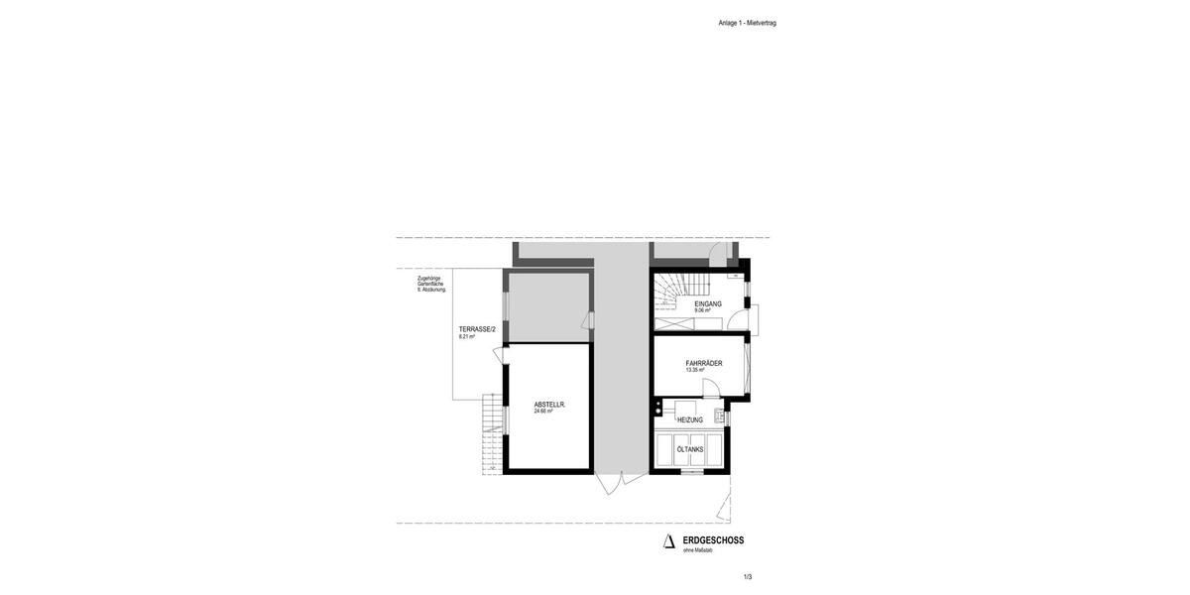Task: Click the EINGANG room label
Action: (x=708, y=303)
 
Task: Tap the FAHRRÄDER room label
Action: (x=703, y=363)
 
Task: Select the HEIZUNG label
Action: (x=690, y=419)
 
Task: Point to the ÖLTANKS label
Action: (x=690, y=449)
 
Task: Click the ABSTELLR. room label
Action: (x=549, y=404)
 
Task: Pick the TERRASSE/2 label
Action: (x=477, y=329)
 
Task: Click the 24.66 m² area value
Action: (x=543, y=411)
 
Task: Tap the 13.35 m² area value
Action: (x=695, y=370)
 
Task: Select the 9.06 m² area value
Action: (x=702, y=310)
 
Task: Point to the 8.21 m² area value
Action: (x=467, y=337)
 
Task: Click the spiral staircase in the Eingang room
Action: (x=670, y=293)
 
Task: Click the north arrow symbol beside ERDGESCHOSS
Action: (x=669, y=541)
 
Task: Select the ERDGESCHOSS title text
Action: (x=713, y=540)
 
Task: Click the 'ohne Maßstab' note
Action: (x=698, y=550)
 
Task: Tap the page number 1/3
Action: (x=748, y=576)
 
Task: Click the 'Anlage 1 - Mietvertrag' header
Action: (x=748, y=23)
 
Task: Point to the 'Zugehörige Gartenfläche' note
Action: (x=431, y=285)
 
